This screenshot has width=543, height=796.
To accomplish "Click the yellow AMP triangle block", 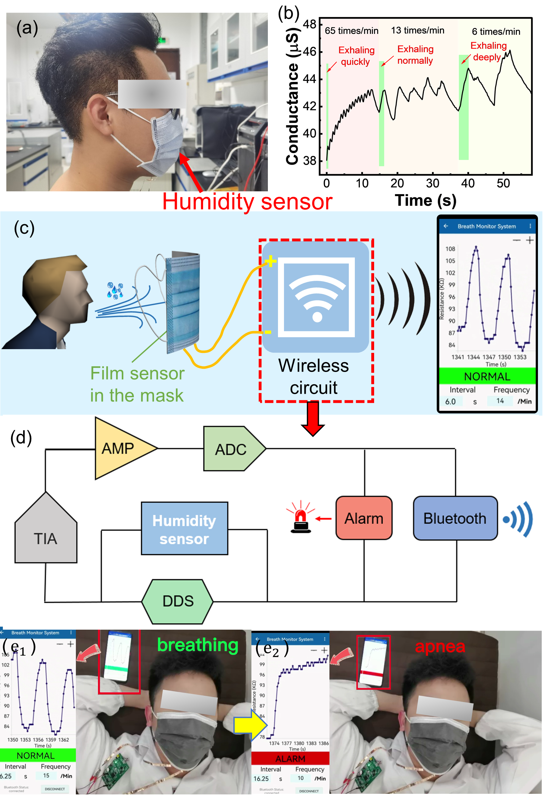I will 120,448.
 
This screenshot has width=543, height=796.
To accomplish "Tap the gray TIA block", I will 46,534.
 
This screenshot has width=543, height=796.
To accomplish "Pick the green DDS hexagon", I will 177,602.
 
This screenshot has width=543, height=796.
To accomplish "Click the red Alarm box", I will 364,518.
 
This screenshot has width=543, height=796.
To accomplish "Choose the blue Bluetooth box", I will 455,518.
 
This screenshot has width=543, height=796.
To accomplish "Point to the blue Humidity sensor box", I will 184,529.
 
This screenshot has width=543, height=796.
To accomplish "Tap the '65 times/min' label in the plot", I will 351,31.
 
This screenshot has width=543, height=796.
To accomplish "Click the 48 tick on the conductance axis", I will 309,24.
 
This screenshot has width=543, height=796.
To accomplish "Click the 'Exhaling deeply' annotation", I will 488,51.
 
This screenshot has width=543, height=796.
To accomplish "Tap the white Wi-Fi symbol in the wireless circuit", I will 317,298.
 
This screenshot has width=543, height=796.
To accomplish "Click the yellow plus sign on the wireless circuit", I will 270,261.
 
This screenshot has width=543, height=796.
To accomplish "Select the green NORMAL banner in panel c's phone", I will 487,376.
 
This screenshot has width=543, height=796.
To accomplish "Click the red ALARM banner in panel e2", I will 290,759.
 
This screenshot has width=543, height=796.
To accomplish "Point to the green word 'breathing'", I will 198,645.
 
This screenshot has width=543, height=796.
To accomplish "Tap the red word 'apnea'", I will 440,647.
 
